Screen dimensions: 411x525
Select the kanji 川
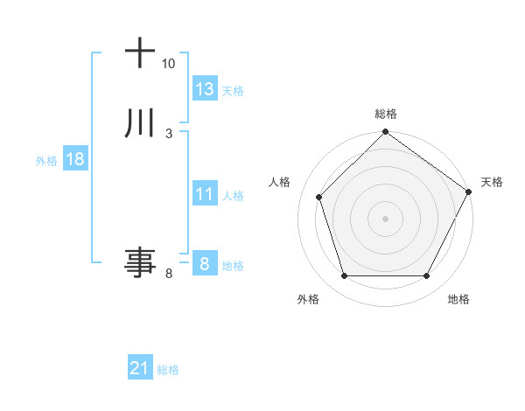click(x=141, y=124)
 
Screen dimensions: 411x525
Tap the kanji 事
click(x=141, y=262)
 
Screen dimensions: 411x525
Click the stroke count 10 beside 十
click(x=168, y=64)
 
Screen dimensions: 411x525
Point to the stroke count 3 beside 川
click(x=168, y=134)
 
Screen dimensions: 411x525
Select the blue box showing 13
click(x=205, y=89)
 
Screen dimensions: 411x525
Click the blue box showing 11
click(x=205, y=194)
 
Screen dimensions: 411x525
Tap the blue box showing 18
click(x=74, y=159)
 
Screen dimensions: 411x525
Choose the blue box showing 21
click(x=140, y=369)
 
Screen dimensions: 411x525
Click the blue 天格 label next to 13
click(x=233, y=91)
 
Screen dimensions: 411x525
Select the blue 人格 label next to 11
click(x=233, y=196)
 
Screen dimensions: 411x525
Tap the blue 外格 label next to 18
click(x=46, y=161)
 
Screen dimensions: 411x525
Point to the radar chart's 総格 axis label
click(x=385, y=114)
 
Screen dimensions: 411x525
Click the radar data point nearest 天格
click(x=468, y=192)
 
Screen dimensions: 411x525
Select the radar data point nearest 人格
click(x=319, y=197)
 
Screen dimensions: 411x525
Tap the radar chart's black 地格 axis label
click(x=458, y=300)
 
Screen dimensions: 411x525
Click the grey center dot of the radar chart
click(x=385, y=219)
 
